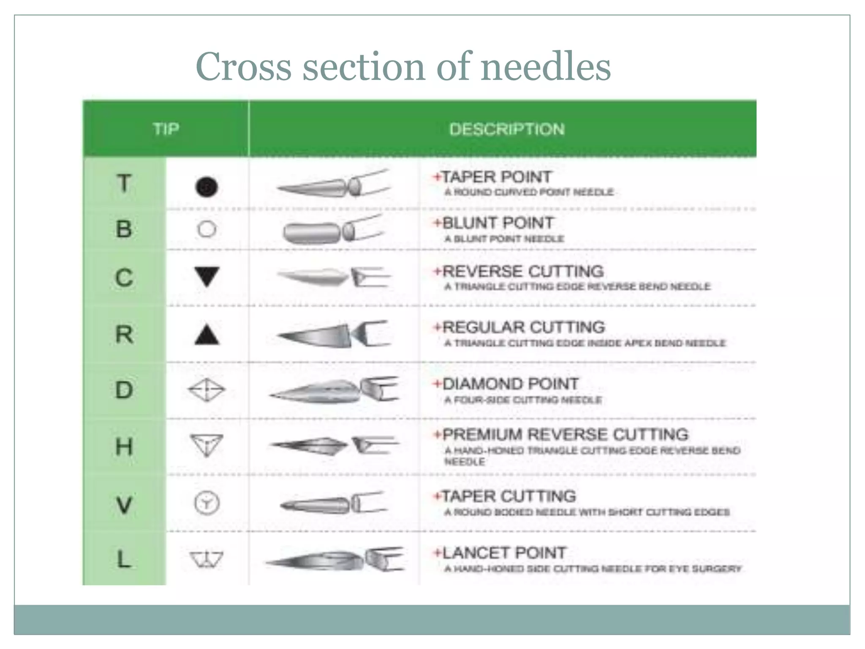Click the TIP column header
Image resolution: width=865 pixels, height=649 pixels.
(x=166, y=128)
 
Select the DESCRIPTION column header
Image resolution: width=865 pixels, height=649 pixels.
(x=506, y=129)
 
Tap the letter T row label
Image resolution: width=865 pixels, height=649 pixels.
(x=124, y=184)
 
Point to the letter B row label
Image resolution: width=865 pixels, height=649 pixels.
(x=124, y=229)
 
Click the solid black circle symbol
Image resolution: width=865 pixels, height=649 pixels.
(x=207, y=187)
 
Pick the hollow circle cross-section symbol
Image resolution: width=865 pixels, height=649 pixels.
(x=207, y=229)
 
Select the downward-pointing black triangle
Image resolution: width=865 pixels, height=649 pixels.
(x=207, y=276)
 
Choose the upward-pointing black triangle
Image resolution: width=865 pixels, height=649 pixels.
(x=207, y=335)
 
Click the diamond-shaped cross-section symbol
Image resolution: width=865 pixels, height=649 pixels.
(x=207, y=390)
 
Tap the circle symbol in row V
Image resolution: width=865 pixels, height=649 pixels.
(x=207, y=503)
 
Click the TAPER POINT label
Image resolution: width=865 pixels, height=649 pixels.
(x=496, y=177)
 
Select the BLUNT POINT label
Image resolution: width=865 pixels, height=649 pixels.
(x=498, y=223)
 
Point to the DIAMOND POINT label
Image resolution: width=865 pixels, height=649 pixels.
(x=510, y=384)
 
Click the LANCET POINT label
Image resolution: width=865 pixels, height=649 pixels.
(x=504, y=553)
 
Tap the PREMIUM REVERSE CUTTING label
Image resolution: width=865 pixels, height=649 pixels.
(x=565, y=434)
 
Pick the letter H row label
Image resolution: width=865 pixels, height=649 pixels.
(x=124, y=446)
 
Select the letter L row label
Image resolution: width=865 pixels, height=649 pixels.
(x=124, y=559)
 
